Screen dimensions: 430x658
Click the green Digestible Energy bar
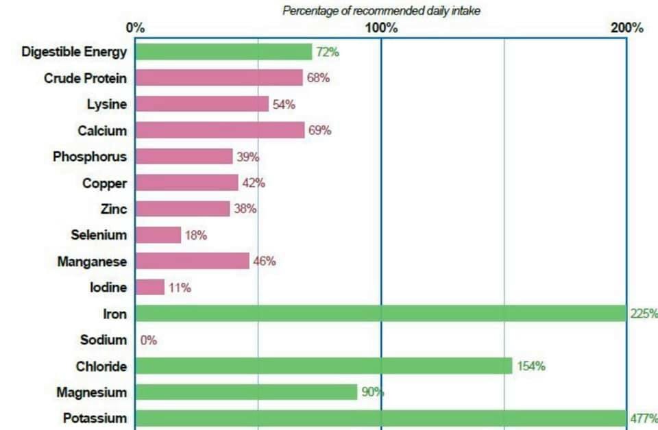[223, 52]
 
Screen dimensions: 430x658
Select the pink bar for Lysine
[202, 104]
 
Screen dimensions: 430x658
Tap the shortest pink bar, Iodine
[150, 287]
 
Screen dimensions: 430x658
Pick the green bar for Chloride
[324, 366]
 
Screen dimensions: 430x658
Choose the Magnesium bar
[246, 392]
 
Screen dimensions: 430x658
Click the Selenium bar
[158, 235]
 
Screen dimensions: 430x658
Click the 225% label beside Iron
[644, 314]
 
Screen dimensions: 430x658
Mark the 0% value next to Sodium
[149, 340]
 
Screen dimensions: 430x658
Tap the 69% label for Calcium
[319, 130]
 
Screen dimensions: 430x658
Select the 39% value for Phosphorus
[248, 157]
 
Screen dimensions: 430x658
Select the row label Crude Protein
[85, 78]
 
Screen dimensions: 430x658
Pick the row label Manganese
[93, 261]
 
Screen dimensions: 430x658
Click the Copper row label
[104, 183]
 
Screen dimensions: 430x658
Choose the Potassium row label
[95, 418]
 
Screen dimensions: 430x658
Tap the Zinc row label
[113, 209]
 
